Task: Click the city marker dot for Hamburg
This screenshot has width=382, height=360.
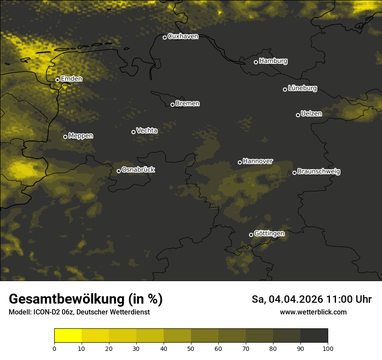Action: tap(256, 62)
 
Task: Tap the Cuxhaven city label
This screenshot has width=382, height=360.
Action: tap(183, 36)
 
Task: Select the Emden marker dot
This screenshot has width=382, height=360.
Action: tap(57, 80)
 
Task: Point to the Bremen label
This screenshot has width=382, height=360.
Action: tap(188, 104)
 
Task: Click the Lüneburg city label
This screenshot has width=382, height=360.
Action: tap(302, 88)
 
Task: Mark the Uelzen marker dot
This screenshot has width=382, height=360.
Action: tap(298, 115)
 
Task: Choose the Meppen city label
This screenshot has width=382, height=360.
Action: tap(81, 136)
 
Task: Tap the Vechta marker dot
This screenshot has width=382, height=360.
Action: tap(133, 132)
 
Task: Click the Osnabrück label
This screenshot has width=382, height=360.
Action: tap(138, 170)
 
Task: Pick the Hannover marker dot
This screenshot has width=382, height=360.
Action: tap(240, 162)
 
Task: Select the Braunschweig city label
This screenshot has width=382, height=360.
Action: tap(319, 171)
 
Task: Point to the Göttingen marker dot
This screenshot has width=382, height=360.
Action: tap(251, 235)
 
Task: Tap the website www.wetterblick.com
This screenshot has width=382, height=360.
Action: tap(313, 312)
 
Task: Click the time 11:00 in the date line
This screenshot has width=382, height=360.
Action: tap(339, 299)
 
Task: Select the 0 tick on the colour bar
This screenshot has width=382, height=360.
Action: tap(54, 348)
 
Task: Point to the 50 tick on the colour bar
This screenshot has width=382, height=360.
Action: tap(191, 348)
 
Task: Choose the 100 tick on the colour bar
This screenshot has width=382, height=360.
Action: tap(328, 348)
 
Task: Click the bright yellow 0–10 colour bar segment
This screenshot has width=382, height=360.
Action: tap(68, 335)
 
